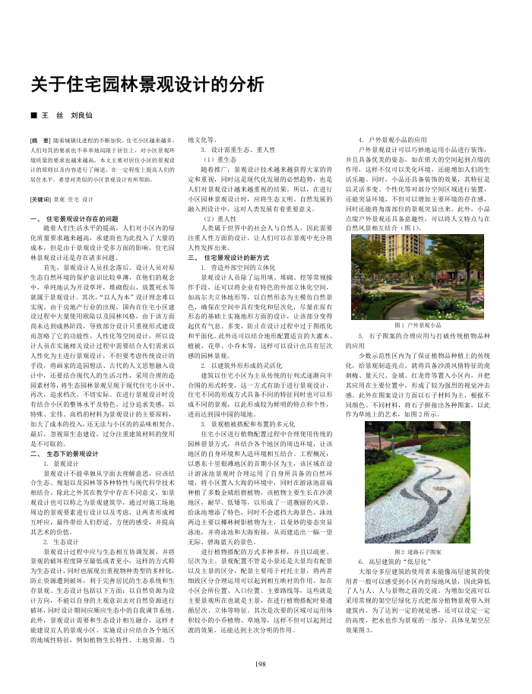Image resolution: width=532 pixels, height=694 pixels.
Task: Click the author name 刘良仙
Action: [81, 115]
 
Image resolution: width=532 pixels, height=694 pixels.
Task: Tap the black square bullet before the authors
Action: [33, 115]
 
